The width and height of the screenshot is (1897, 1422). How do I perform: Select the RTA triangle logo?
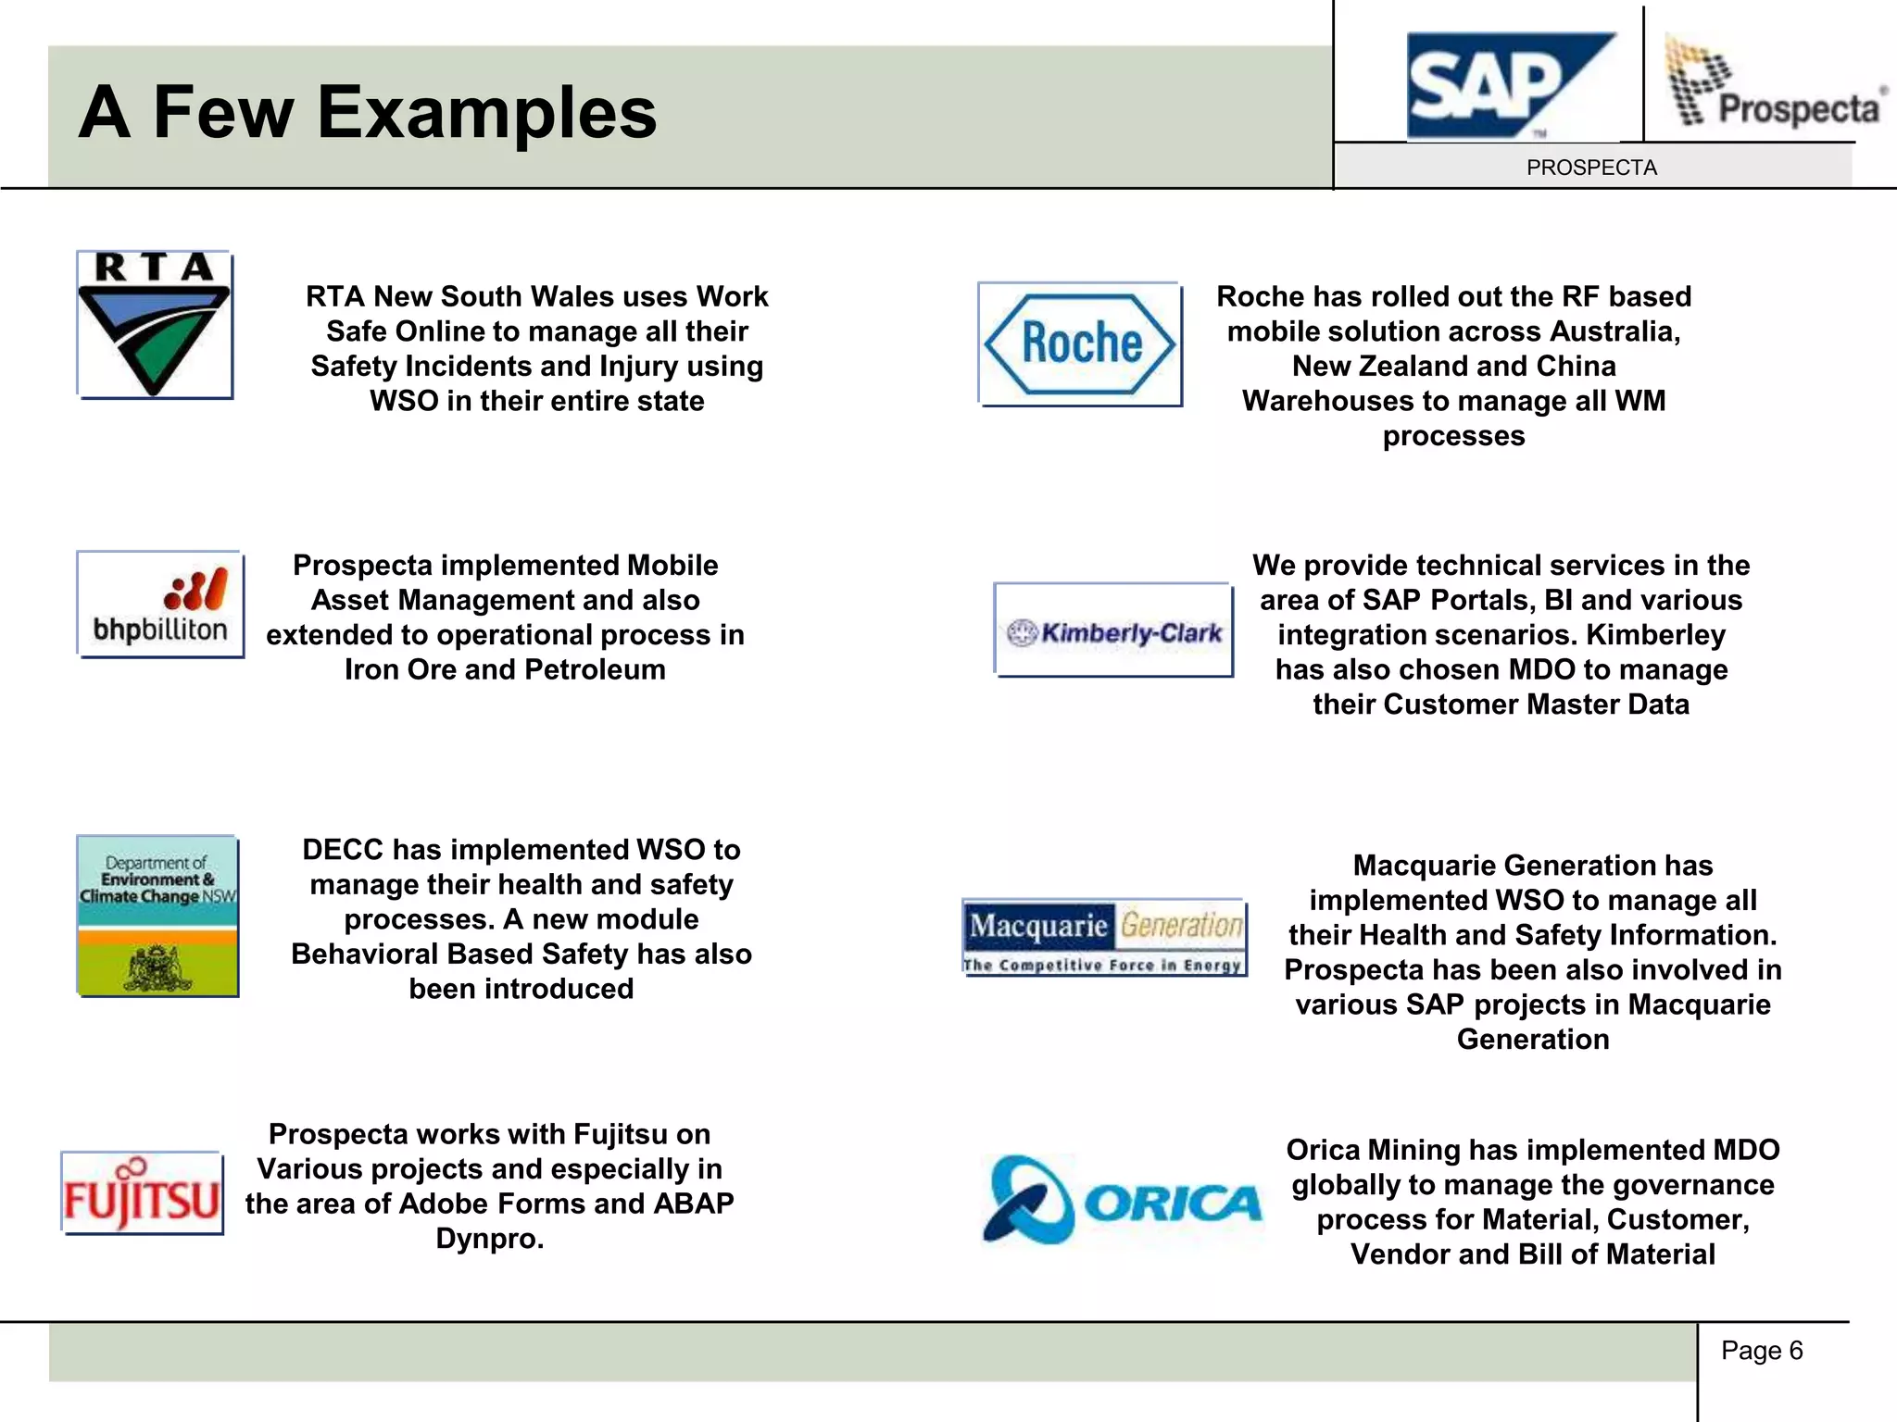click(x=154, y=324)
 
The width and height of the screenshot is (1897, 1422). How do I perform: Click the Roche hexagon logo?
click(x=1080, y=343)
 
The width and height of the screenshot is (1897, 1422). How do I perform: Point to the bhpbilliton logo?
click(x=160, y=605)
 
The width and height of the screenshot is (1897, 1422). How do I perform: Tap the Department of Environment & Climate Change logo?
click(x=157, y=916)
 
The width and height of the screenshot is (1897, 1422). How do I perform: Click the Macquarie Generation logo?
click(x=1104, y=937)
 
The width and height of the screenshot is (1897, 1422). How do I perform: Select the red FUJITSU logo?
click(x=142, y=1194)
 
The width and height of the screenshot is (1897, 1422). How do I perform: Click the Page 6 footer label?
click(x=1761, y=1351)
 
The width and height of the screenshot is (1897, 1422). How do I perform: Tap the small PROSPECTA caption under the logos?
click(x=1591, y=168)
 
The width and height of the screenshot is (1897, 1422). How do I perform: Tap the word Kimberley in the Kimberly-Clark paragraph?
click(x=1655, y=635)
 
